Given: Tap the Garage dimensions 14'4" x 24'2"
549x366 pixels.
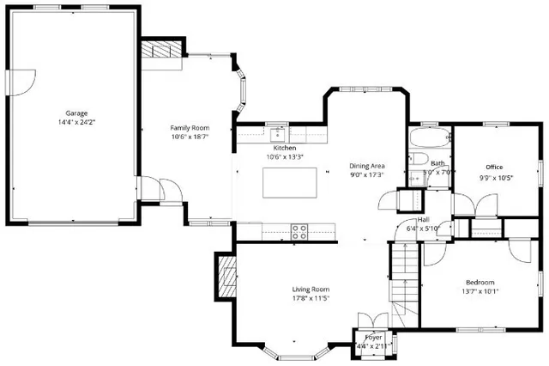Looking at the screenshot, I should [x=77, y=122].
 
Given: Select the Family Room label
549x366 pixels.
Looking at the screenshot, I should [x=189, y=127].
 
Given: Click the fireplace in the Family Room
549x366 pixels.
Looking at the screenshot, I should [x=161, y=51].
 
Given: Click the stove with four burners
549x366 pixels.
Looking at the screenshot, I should [x=299, y=230].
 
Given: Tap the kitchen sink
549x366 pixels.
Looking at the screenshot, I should [x=278, y=133].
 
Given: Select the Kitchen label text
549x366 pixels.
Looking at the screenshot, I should [x=279, y=148].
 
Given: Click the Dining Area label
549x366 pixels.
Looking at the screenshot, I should [x=366, y=165].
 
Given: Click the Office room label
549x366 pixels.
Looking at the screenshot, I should [x=494, y=167].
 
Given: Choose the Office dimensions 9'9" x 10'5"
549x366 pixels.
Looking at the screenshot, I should [x=496, y=178].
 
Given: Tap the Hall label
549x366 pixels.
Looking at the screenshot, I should [x=423, y=220].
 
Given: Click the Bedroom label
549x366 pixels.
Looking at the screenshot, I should [x=480, y=283].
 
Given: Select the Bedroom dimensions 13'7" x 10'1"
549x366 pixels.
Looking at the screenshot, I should [x=481, y=292].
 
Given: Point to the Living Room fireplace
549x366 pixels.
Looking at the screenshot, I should [x=226, y=277].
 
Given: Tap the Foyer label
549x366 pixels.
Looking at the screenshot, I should [x=374, y=338].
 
